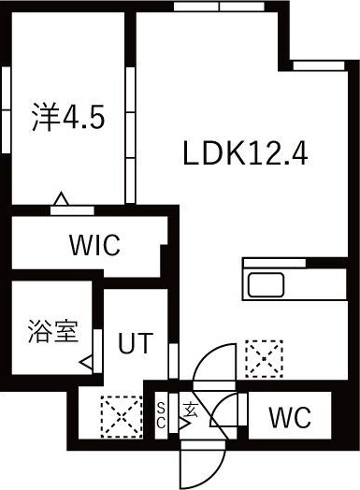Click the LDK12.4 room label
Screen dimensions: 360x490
pos(245,153)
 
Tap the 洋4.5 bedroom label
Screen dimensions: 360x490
pos(68,117)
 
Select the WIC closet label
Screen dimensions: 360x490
pos(94,245)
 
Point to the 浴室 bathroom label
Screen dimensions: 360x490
pos(52,332)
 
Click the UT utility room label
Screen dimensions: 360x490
pos(136,343)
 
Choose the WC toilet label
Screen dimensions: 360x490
pos(290,417)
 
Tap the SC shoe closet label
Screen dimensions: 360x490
pos(161,415)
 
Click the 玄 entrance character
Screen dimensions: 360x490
pos(191,411)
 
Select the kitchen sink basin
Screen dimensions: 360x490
pos(266,284)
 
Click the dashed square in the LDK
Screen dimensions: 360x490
pos(264,359)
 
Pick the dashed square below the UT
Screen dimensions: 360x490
pos(122,416)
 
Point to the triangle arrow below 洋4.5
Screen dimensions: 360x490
pos(61,199)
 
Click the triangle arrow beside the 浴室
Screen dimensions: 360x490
pos(86,363)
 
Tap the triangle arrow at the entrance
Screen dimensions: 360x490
pos(185,424)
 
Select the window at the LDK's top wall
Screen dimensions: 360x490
pos(219,7)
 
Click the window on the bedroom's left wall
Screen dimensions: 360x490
pos(6,109)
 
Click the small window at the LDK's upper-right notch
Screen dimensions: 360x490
pos(319,65)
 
